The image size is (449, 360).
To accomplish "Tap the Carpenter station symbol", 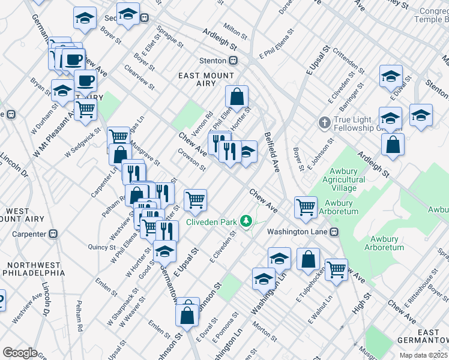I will click(x=53, y=233).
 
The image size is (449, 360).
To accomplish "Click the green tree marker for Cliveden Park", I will click(x=245, y=221).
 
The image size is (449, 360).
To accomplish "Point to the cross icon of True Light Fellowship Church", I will click(x=324, y=122).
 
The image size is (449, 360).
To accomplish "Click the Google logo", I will click(x=20, y=353).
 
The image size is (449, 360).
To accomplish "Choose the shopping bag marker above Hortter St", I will click(x=237, y=96).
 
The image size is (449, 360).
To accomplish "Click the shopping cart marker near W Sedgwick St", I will click(x=85, y=110).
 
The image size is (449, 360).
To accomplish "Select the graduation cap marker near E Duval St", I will click(x=391, y=76).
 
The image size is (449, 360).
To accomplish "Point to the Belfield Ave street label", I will click(x=271, y=152).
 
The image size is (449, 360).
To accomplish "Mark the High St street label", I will click(x=361, y=310).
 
